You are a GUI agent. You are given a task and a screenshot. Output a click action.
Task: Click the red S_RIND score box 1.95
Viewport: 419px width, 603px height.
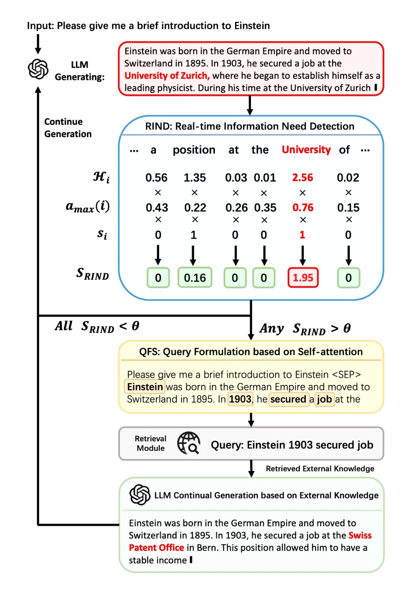click(x=303, y=278)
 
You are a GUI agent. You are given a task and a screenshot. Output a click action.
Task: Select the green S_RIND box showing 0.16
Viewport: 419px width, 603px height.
click(x=195, y=278)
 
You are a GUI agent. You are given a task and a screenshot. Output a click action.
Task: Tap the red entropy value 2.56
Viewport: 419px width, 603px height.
click(x=303, y=178)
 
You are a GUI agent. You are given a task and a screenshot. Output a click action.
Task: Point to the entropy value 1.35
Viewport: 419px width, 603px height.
click(x=195, y=178)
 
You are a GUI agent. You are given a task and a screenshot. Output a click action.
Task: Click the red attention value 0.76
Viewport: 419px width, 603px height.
click(x=303, y=207)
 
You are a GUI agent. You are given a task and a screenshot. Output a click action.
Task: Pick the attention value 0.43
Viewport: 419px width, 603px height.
click(x=157, y=207)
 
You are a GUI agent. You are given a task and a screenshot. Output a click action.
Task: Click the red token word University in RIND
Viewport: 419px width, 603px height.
click(x=306, y=150)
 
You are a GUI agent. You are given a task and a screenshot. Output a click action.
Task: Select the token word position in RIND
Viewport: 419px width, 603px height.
click(x=194, y=150)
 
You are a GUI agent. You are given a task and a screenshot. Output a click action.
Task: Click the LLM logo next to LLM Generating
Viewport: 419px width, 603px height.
click(x=38, y=69)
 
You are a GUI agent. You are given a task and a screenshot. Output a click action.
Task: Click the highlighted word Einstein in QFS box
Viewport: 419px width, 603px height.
click(x=145, y=387)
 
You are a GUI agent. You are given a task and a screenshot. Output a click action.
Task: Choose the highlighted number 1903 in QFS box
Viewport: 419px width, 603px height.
click(x=240, y=399)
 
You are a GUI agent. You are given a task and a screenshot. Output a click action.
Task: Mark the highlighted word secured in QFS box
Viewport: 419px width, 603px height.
click(x=288, y=399)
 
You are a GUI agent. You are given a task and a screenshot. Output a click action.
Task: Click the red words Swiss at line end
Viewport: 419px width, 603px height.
click(x=360, y=535)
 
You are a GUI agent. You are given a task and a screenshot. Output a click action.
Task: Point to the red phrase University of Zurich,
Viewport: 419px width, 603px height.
click(x=167, y=75)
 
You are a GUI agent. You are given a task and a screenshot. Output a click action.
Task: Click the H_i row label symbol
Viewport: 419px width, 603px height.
click(x=101, y=177)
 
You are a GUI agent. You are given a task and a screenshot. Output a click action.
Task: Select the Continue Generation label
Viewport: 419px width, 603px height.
click(x=68, y=128)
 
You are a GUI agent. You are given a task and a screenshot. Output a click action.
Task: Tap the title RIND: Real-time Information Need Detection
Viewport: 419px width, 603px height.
click(x=249, y=126)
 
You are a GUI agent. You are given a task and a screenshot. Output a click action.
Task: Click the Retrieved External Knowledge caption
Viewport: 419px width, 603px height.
click(x=320, y=469)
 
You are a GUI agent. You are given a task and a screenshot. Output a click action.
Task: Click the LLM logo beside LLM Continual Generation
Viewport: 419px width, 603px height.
click(x=140, y=495)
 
